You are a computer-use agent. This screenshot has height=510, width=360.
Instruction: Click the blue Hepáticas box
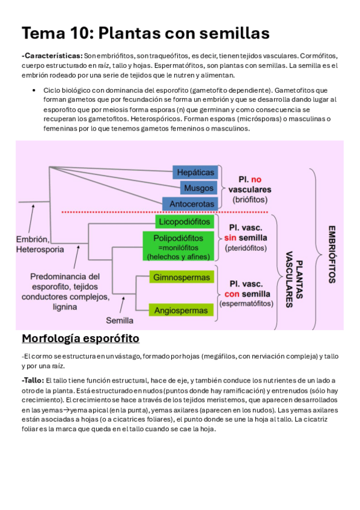click(195, 172)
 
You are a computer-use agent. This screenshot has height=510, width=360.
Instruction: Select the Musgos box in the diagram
click(198, 188)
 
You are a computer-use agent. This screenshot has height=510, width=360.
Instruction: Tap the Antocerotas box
click(192, 204)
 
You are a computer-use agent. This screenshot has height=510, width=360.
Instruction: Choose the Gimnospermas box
click(182, 277)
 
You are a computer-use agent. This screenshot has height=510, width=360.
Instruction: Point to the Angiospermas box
click(182, 310)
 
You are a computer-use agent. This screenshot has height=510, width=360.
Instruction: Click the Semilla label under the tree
click(120, 320)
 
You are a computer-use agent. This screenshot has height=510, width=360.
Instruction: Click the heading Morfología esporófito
click(80, 339)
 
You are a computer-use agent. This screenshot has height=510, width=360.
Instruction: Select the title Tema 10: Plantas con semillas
click(145, 32)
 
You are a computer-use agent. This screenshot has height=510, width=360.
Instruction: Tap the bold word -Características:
click(52, 55)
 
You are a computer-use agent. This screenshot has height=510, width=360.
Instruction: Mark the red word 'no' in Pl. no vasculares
click(256, 179)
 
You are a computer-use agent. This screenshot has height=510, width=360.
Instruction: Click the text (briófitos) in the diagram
click(250, 198)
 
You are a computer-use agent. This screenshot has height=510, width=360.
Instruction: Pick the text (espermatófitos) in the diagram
click(246, 304)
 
